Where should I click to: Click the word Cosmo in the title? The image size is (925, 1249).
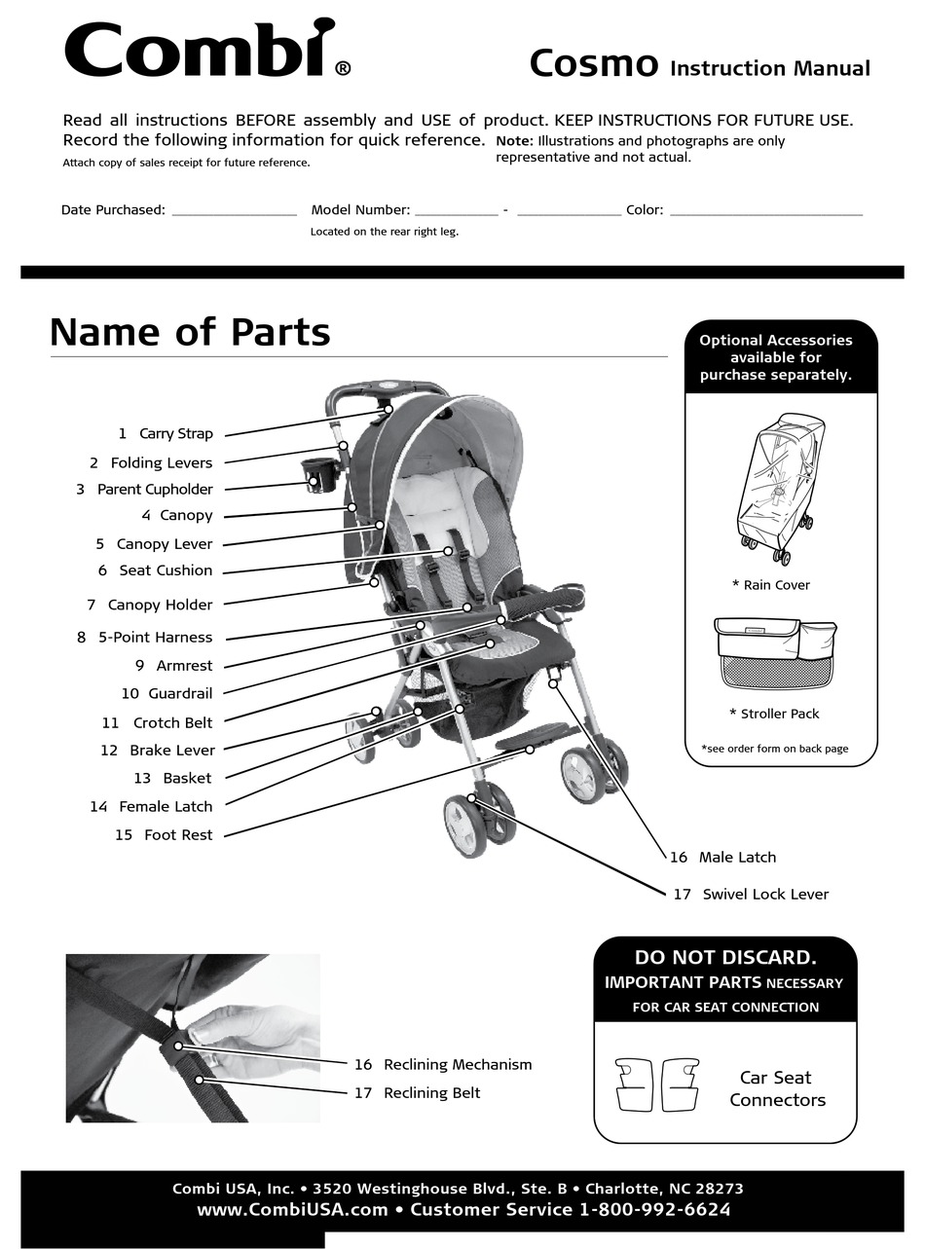(x=593, y=64)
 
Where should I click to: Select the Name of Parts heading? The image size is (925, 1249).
(x=190, y=332)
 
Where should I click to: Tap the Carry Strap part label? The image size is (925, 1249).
(x=175, y=434)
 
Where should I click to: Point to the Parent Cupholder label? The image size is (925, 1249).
(x=154, y=490)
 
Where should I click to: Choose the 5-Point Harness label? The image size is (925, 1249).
(x=154, y=638)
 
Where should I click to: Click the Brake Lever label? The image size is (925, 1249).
(x=171, y=751)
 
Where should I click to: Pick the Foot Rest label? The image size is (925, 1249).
(x=177, y=835)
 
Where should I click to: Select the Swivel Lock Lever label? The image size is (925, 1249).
(x=764, y=895)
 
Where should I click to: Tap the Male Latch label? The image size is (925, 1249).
(x=736, y=858)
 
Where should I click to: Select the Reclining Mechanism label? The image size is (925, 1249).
(x=457, y=1065)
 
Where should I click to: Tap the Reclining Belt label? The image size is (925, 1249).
(x=431, y=1093)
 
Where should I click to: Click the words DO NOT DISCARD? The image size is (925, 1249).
(x=725, y=958)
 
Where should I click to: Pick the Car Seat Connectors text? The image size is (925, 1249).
(x=777, y=1088)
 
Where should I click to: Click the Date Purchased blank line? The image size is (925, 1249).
(x=234, y=213)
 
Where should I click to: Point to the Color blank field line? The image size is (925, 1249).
(x=766, y=213)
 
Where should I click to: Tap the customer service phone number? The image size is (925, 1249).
(x=654, y=1210)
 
